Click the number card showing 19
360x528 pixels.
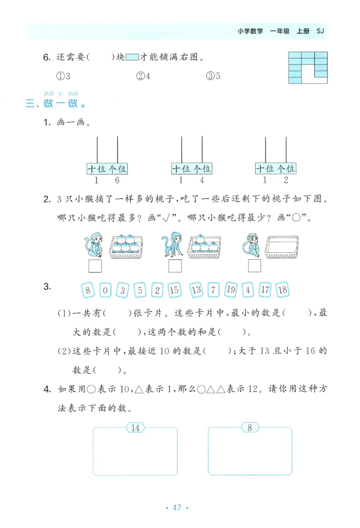tap(230, 290)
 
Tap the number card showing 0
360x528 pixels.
tap(105, 290)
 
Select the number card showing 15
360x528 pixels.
tap(175, 290)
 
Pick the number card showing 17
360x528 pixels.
tap(265, 290)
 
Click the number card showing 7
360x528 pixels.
tap(213, 290)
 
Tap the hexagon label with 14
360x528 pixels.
tap(135, 428)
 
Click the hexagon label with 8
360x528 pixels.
tap(250, 428)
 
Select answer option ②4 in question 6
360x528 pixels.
tap(143, 76)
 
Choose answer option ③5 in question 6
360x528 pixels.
tap(213, 76)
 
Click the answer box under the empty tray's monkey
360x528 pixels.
tap(254, 266)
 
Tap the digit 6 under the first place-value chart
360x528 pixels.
tap(117, 181)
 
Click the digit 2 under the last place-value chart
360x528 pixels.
tap(286, 181)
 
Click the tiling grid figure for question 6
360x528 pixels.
tap(308, 68)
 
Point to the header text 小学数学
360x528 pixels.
tap(250, 32)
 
